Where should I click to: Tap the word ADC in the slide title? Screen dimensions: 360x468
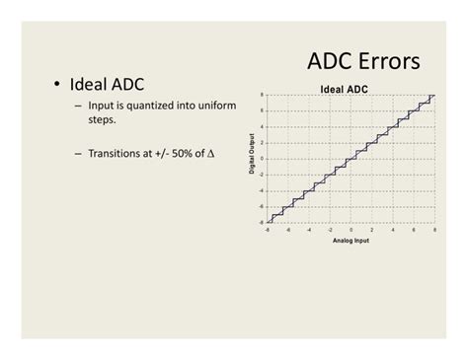click(x=328, y=62)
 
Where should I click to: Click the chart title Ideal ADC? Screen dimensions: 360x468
click(x=344, y=89)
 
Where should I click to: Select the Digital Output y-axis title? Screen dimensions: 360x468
click(x=252, y=155)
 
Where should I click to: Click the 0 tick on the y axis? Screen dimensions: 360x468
click(x=261, y=159)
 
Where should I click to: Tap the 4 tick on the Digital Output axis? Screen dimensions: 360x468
click(x=261, y=126)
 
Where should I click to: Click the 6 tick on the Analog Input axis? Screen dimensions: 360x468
click(x=413, y=229)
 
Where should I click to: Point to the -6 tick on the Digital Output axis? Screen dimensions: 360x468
click(x=260, y=206)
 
